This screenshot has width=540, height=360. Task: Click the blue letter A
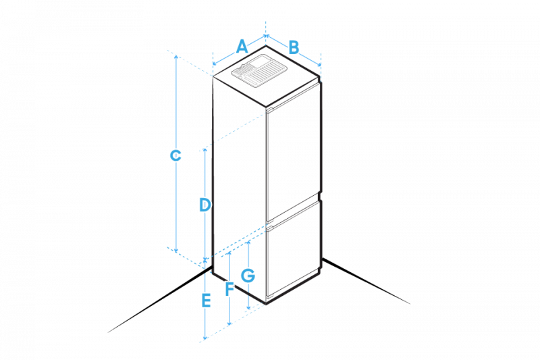(242, 47)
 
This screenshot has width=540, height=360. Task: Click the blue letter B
(294, 47)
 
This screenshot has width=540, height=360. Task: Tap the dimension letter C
(175, 156)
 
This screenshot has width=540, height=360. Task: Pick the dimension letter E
(207, 299)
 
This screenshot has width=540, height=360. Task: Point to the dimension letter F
(230, 289)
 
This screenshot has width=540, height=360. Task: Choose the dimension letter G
(248, 275)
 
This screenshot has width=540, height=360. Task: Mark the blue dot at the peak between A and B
(267, 35)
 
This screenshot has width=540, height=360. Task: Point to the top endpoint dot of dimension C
(175, 57)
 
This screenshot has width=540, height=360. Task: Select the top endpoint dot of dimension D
(205, 149)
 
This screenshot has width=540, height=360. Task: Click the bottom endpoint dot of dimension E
(205, 337)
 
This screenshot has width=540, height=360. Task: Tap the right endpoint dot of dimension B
(319, 65)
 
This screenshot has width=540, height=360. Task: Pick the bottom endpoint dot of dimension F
(230, 324)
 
